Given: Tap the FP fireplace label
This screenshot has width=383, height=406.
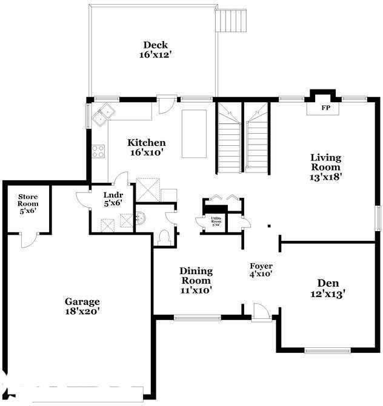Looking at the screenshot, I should point(325,108).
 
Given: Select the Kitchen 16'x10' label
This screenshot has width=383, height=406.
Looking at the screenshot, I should point(146,147).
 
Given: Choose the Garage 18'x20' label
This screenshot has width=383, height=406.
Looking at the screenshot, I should point(82,306).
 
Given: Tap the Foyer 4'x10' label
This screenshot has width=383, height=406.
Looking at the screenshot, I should point(261,270).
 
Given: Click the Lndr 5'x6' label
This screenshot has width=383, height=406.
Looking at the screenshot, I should point(113,198).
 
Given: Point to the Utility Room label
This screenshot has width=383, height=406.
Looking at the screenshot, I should point(216,222).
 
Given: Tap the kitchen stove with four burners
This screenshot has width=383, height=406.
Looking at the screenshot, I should point(98,151).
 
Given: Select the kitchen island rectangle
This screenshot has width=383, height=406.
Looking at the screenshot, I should point(194,134).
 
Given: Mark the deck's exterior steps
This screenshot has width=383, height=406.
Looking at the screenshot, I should point(233,22).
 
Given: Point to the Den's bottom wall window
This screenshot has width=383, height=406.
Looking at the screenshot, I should point(327,350).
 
